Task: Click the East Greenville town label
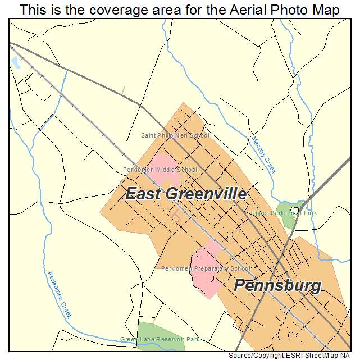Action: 185,194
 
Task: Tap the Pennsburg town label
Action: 277,285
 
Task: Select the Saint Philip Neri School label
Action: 175,135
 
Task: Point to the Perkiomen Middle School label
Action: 160,170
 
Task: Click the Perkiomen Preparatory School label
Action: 206,268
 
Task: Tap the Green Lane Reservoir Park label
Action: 160,339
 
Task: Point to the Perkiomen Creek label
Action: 59,294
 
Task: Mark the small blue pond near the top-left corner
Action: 15,63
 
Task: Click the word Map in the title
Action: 325,10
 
